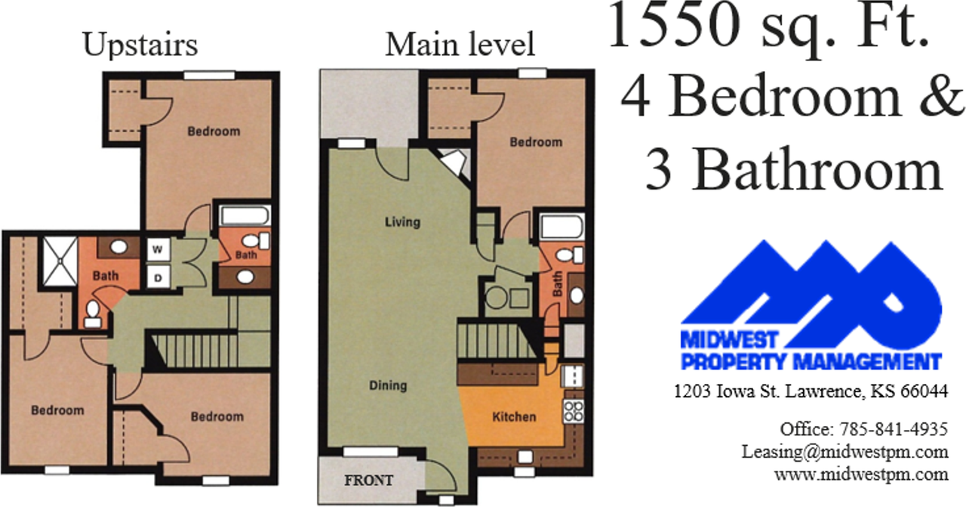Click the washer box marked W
point(158,249)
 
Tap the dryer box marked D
point(158,278)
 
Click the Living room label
point(402,222)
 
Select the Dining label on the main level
point(388,385)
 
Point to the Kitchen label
point(514,417)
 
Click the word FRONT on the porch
point(369,481)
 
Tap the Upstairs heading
point(140,45)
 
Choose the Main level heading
point(460,45)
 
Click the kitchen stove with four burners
point(574,411)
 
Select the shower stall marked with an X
point(60,261)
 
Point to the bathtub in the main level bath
point(562,227)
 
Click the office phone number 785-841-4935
point(894,429)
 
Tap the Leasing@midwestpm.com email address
point(844,452)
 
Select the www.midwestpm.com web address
point(861,475)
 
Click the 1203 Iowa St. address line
point(811,391)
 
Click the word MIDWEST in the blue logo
point(729,340)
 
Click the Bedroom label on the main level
point(536,142)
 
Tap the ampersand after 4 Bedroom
point(940,97)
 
